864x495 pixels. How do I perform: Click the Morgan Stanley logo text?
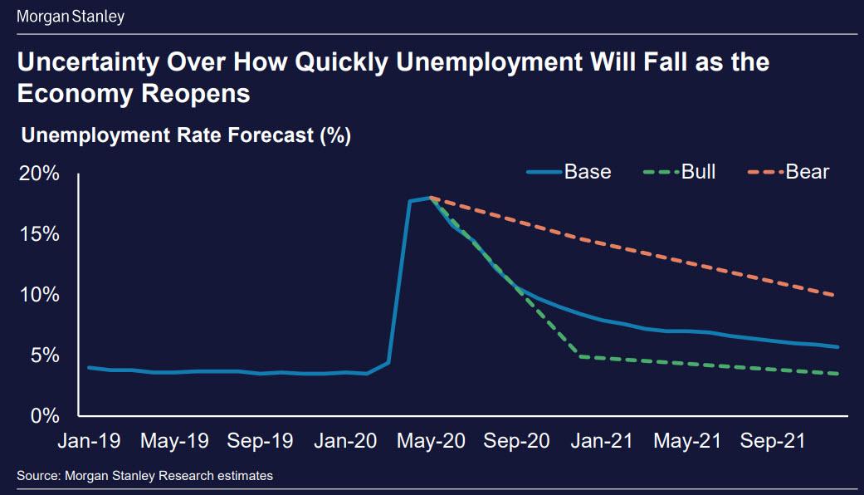click(x=71, y=16)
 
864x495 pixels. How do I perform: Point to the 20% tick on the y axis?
click(x=39, y=174)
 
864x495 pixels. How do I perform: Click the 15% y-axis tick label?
click(x=39, y=234)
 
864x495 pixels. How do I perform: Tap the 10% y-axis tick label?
click(x=39, y=295)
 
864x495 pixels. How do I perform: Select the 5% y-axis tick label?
click(x=45, y=355)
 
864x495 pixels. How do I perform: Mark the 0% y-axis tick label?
click(x=45, y=415)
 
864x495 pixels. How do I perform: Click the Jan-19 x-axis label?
click(x=89, y=441)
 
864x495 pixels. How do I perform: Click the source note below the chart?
click(x=145, y=475)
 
